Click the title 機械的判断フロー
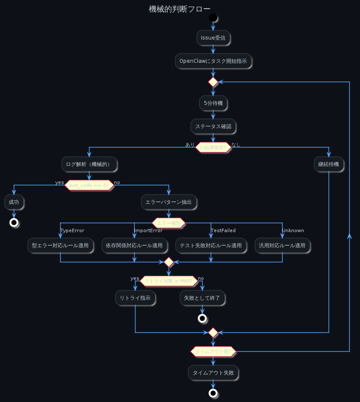pos(180,9)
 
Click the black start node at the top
pos(213,18)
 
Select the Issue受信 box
pos(213,38)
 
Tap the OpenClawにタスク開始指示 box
pos(213,61)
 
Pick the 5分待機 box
pos(213,103)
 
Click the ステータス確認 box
pos(213,126)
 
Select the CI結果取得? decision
pos(213,147)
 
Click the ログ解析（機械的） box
pos(89,164)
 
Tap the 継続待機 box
pos(329,164)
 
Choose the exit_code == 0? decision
pos(89,185)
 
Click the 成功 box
pos(14,202)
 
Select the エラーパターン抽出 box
pos(169,202)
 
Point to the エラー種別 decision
pos(169,223)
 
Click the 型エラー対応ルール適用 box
pos(60,245)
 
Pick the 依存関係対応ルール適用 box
pos(134,245)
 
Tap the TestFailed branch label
pos(223,231)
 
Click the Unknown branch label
pos(293,231)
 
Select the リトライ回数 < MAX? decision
pos(169,281)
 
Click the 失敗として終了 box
pos(202,298)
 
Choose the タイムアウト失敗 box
pos(213,373)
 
